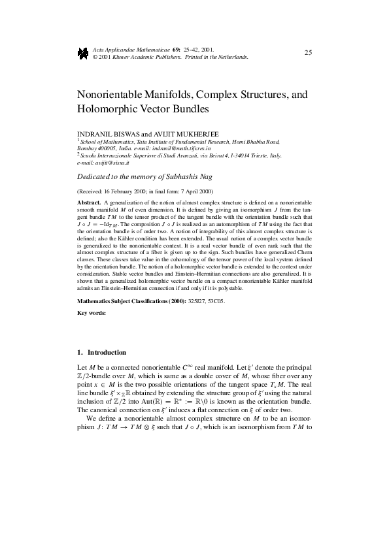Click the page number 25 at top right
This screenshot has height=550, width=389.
click(x=309, y=52)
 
